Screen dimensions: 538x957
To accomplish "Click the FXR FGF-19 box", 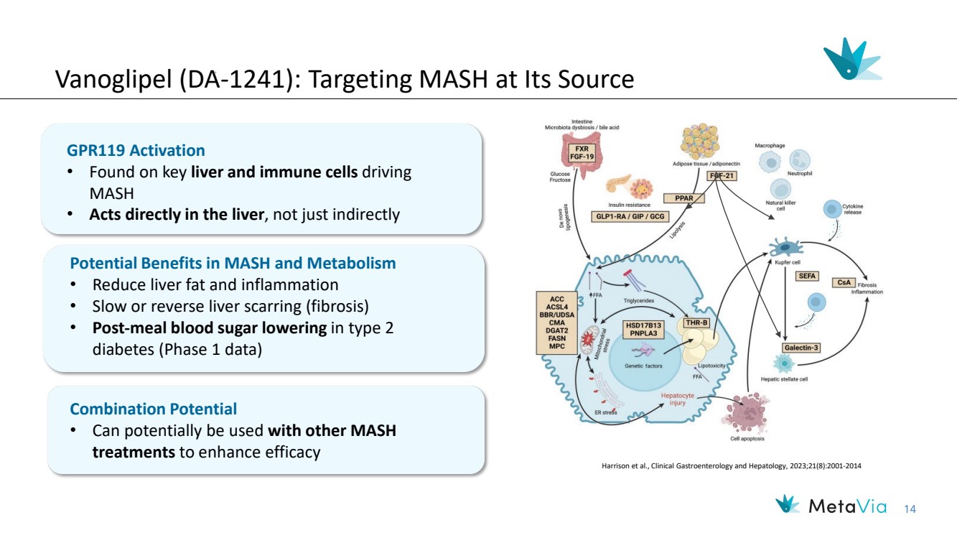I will [582, 154].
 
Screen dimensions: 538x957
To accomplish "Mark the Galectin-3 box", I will [802, 348].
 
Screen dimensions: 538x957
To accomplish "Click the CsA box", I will [844, 282].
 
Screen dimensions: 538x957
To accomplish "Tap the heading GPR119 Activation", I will [136, 151].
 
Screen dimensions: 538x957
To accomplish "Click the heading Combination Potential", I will [153, 409].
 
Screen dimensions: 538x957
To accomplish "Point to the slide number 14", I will [910, 509].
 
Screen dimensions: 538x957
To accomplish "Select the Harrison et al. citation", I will [731, 466].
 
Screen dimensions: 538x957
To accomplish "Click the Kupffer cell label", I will [788, 263].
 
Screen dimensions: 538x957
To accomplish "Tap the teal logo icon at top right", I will [851, 60].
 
